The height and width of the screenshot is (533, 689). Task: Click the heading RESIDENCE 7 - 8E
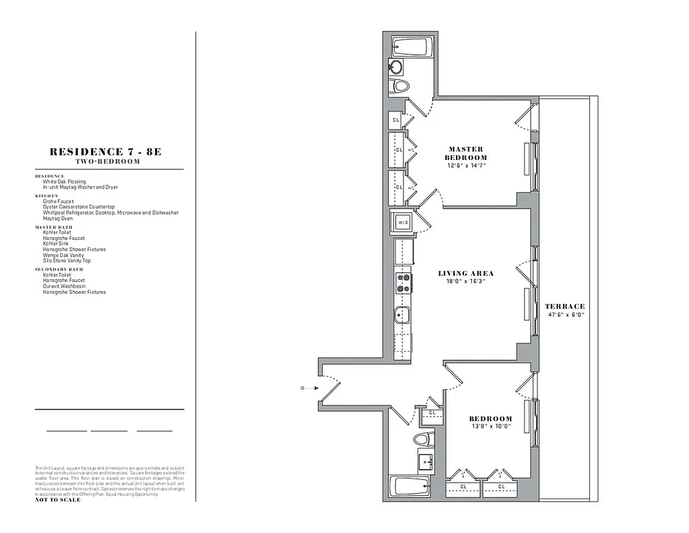coord(106,152)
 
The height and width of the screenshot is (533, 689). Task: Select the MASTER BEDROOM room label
coord(466,153)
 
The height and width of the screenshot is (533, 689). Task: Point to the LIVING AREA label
coord(466,273)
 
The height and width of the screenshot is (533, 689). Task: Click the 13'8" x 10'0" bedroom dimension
coord(491,426)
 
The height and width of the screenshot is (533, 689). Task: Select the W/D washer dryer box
coord(403,222)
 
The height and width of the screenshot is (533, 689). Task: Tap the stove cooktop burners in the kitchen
coord(403,282)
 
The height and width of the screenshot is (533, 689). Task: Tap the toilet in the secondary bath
coord(423,440)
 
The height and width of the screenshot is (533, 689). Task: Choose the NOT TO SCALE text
coord(57,500)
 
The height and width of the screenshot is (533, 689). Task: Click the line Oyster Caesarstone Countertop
coord(79,207)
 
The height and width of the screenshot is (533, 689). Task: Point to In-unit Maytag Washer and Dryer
coord(80,187)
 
